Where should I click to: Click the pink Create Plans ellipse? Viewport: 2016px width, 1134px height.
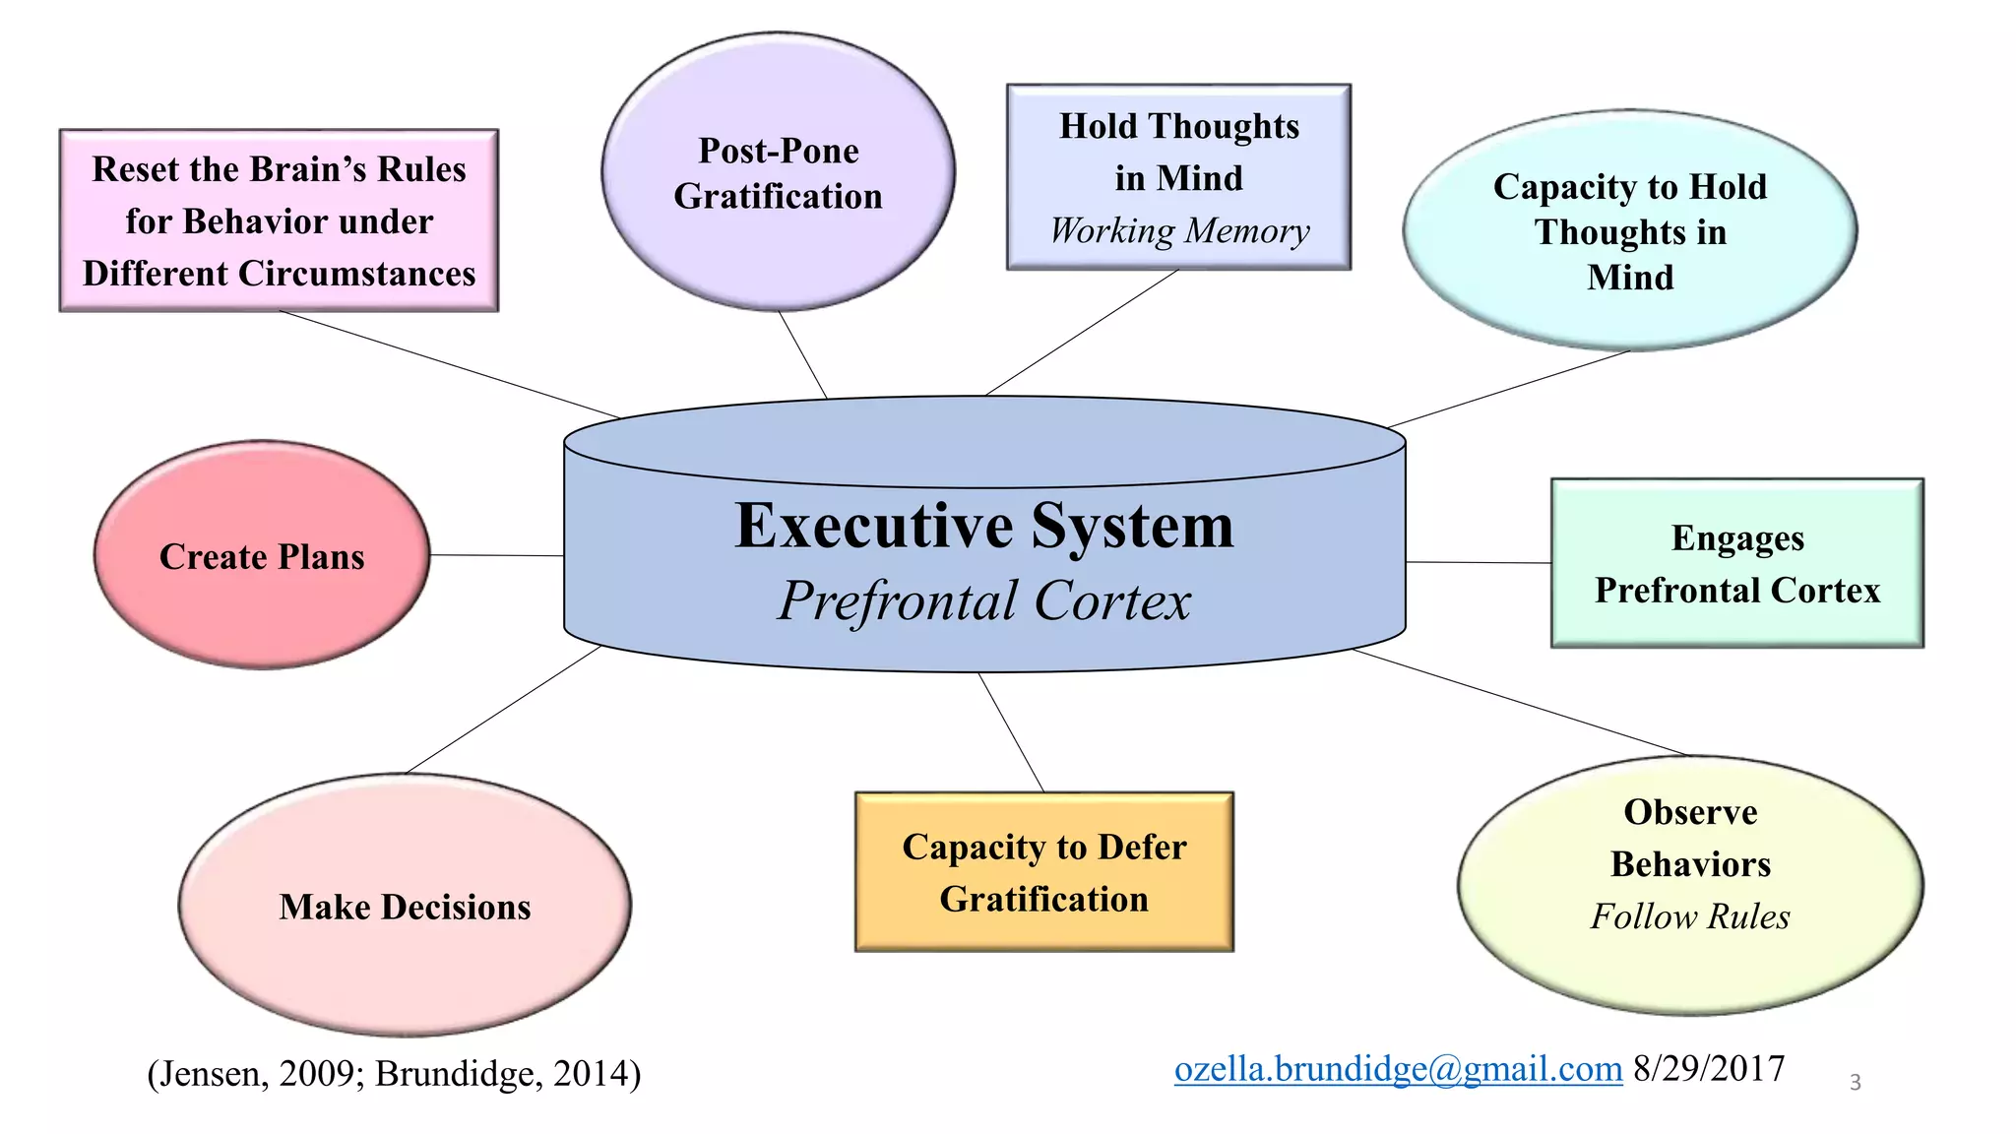coord(262,556)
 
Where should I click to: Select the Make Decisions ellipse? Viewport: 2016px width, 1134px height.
coord(405,906)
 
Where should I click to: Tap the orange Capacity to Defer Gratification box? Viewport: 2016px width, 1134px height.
coord(1043,872)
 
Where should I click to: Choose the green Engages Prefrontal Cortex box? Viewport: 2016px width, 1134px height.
coord(1736,563)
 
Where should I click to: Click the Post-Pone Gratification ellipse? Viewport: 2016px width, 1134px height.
coord(778,173)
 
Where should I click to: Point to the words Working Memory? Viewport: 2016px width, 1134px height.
coord(1179,231)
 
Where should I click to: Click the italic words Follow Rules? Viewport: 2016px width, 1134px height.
coord(1690,916)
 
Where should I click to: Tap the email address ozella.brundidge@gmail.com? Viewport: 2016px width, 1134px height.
coord(1398,1069)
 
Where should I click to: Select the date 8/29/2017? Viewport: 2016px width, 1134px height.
coord(1709,1069)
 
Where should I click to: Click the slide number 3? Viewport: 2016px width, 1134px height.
coord(1855,1083)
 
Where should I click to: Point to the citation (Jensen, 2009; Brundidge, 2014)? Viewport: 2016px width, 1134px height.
coord(394,1073)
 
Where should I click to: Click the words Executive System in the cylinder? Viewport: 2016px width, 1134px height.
coord(983,526)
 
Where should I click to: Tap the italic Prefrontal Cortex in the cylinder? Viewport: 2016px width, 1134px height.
coord(983,600)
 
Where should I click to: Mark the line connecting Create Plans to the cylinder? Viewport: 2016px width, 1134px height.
coord(497,555)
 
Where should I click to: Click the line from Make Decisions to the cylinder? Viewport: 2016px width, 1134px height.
coord(503,710)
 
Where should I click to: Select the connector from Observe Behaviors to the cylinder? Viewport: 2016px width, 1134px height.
coord(1521,703)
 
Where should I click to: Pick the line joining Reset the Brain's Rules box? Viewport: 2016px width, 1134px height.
coord(450,364)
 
